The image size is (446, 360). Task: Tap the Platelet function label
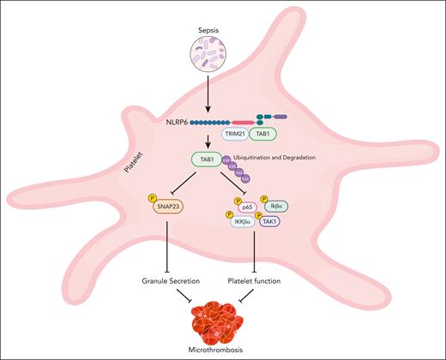255,280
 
